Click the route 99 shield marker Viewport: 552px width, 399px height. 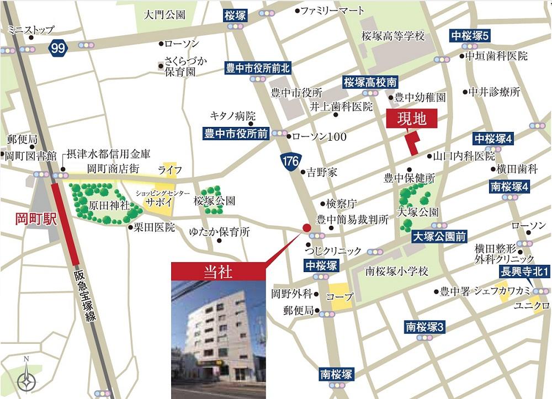tap(57, 48)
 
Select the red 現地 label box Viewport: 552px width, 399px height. tap(411, 119)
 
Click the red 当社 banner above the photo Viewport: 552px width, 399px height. tap(218, 272)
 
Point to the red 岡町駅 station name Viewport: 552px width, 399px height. tap(35, 220)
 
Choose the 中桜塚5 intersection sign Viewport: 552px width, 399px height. tap(470, 36)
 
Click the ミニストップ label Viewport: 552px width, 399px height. tap(31, 30)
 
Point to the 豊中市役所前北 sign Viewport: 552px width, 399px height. tap(258, 68)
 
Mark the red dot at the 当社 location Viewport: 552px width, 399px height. tap(306, 228)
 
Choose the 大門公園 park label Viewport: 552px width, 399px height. tap(164, 15)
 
